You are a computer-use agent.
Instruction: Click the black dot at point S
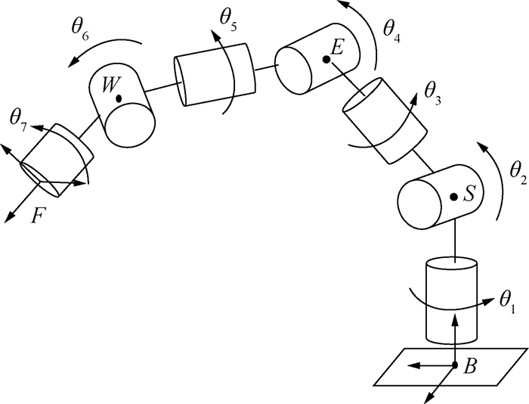point(454,197)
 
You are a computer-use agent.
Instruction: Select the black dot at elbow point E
point(326,60)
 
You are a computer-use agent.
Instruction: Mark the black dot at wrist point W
point(119,98)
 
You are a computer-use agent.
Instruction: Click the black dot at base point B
point(455,365)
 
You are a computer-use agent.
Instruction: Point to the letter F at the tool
point(38,216)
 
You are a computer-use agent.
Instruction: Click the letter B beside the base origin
point(470,365)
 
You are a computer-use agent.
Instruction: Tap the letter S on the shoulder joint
point(469,194)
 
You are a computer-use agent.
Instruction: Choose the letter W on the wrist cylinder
point(110,85)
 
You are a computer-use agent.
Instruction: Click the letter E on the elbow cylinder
point(337,47)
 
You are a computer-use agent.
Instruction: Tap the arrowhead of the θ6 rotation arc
point(74,61)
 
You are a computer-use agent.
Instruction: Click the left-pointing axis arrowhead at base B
point(413,365)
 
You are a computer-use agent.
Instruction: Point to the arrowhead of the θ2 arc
point(482,147)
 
